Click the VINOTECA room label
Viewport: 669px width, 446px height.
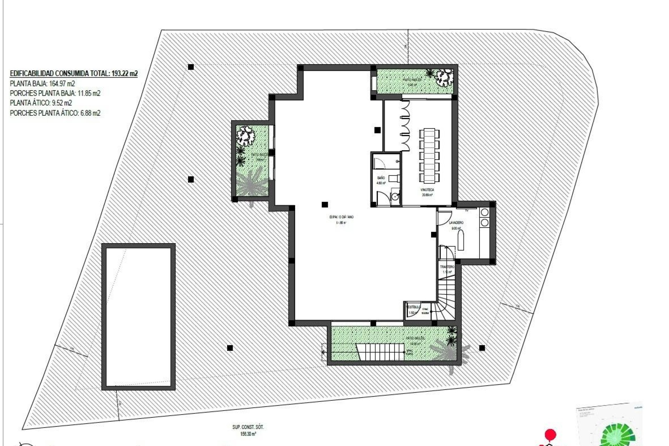[x=427, y=190]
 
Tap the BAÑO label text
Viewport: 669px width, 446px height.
[x=381, y=178]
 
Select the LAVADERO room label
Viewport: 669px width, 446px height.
[x=456, y=222]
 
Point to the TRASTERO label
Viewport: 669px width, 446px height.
[x=447, y=267]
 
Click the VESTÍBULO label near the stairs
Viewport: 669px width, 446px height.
[x=414, y=307]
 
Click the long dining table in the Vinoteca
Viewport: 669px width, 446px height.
[x=429, y=155]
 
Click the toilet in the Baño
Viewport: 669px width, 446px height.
[x=393, y=178]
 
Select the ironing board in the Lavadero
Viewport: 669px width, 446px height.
[x=461, y=241]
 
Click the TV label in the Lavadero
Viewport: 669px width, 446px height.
[x=467, y=210]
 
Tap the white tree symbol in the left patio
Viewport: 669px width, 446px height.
[x=246, y=136]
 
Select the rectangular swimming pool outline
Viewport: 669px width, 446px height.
[x=138, y=316]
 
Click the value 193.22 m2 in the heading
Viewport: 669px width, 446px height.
[x=124, y=74]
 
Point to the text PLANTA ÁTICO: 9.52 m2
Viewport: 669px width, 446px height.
[x=41, y=103]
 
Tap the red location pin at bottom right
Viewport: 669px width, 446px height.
[x=550, y=435]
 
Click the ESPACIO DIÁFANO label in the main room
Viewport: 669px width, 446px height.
[x=341, y=217]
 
